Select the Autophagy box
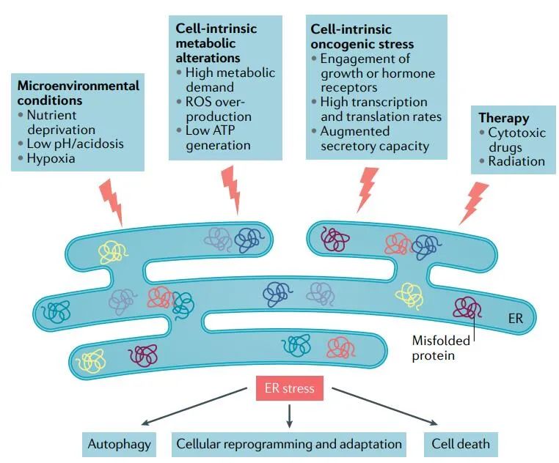point(120,444)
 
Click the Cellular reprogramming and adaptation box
point(290,444)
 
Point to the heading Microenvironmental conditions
point(78,93)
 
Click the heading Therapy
point(503,118)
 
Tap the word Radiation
point(516,162)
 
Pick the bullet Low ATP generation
point(217,138)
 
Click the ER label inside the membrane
point(515,319)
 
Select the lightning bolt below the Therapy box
point(473,202)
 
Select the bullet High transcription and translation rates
point(380,109)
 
